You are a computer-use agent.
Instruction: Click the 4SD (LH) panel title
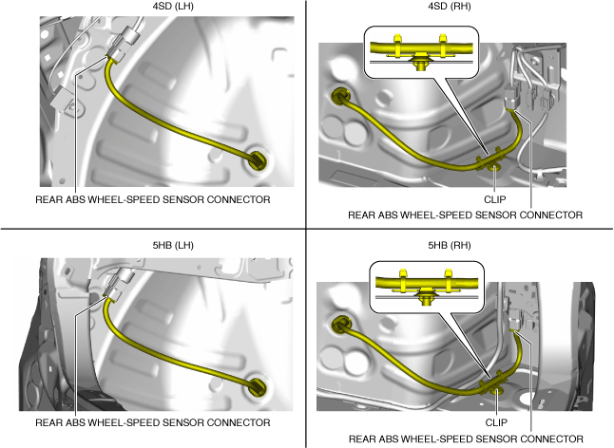(x=152, y=8)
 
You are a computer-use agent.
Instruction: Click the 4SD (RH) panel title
(x=460, y=8)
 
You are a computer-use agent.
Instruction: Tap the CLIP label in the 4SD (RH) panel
(x=493, y=200)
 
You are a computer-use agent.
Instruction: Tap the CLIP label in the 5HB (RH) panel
(x=493, y=423)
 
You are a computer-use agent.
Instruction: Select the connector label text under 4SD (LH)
(x=152, y=200)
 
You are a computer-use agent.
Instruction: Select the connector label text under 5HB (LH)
(x=152, y=422)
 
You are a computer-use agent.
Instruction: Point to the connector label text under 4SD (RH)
(x=465, y=215)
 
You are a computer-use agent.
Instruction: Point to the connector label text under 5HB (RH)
(x=465, y=439)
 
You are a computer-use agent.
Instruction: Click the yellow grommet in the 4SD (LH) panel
(x=256, y=159)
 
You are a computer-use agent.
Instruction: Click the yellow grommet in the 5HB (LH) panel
(x=256, y=384)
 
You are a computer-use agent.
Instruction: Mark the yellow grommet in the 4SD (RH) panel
(x=338, y=96)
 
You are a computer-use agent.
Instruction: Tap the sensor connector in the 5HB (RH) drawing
(x=516, y=324)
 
